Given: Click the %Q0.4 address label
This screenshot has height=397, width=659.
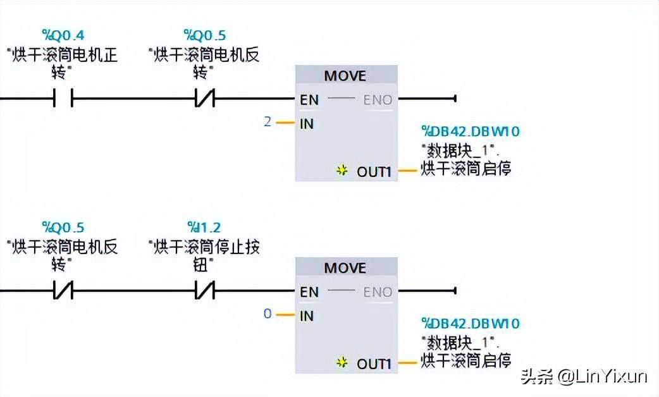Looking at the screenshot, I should (x=63, y=35).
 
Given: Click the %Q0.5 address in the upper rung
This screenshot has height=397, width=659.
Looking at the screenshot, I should (x=204, y=35).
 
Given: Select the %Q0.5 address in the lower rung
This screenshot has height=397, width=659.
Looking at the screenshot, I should (x=63, y=228).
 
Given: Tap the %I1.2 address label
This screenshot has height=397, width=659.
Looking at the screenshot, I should (x=204, y=228).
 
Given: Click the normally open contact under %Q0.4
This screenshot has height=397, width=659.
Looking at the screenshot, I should (x=63, y=98).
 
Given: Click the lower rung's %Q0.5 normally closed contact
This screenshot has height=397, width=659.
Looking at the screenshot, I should (x=63, y=291).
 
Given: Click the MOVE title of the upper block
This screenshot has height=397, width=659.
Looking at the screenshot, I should (x=345, y=76).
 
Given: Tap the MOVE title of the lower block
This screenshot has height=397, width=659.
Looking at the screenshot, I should (x=345, y=268).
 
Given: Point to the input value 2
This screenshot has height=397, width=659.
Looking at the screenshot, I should (x=268, y=121).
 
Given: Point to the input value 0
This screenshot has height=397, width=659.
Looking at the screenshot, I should (x=268, y=314).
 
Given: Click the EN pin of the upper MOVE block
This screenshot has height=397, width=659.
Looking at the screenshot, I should (x=309, y=99).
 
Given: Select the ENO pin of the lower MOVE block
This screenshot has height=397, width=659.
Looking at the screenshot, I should (x=378, y=292).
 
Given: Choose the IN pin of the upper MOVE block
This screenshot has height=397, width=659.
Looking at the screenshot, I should (x=307, y=124).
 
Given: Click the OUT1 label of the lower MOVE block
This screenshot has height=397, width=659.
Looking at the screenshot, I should (x=374, y=363).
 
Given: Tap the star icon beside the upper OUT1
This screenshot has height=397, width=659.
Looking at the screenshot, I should (x=342, y=171).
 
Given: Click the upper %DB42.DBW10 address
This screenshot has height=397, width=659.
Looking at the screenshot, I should (x=471, y=131).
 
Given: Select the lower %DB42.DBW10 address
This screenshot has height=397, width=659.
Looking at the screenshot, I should (x=471, y=324).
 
